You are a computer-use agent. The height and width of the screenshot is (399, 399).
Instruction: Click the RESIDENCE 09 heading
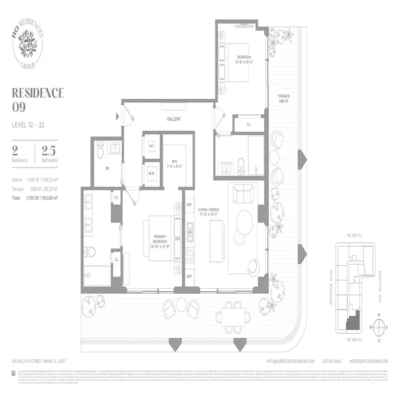37,99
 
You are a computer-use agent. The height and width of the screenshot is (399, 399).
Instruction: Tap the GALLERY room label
173,119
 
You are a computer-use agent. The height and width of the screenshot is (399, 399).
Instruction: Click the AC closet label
152,146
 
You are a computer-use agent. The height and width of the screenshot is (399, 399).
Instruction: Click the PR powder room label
107,169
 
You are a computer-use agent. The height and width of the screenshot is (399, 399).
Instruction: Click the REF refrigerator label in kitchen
190,276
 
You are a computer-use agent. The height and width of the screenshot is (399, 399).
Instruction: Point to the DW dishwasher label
189,204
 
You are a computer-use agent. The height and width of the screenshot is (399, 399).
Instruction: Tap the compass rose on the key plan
379,327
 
